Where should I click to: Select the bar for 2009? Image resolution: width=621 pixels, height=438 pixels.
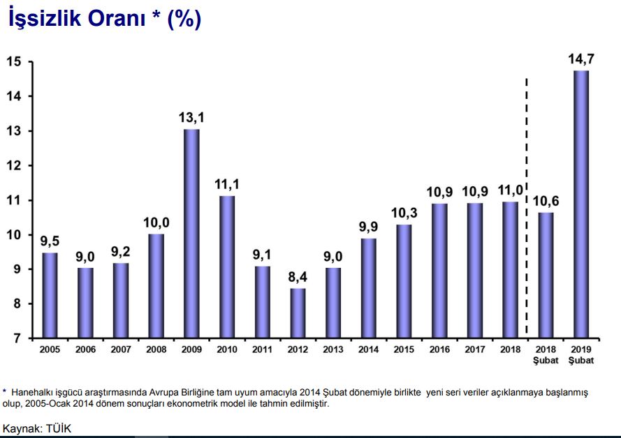(191, 234)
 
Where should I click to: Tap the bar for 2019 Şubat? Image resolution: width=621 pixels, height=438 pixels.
(580, 204)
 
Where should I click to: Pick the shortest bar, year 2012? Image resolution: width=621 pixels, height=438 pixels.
(298, 313)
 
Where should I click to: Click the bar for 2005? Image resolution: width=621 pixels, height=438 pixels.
(50, 295)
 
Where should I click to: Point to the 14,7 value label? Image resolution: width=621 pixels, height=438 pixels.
(580, 59)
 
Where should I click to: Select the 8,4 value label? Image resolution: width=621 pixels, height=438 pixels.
(298, 276)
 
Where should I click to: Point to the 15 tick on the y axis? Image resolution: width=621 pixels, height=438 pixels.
(14, 62)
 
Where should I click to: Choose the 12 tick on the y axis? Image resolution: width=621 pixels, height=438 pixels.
(14, 166)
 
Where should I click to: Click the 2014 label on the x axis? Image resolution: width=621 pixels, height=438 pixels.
(368, 349)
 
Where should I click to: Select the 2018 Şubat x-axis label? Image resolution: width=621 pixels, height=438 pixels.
(545, 354)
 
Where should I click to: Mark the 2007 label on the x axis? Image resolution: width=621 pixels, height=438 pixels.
(121, 349)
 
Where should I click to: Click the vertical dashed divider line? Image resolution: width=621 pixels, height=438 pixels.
(527, 209)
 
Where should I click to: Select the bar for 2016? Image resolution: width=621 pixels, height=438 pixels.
(439, 271)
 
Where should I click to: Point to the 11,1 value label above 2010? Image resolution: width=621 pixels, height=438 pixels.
(227, 184)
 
